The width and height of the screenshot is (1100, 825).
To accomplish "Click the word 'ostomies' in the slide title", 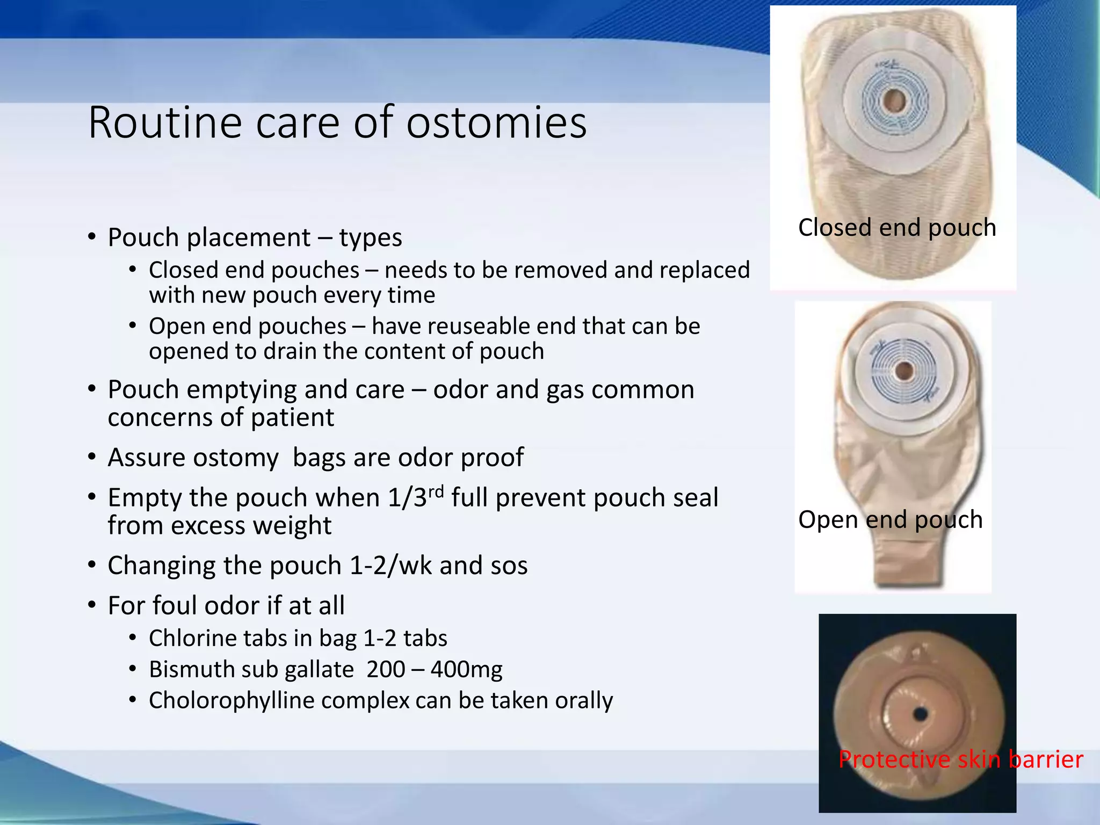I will pyautogui.click(x=496, y=122).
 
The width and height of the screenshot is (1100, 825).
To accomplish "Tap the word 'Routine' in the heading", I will pyautogui.click(x=165, y=122).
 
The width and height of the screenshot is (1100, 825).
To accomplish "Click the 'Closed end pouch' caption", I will pyautogui.click(x=897, y=227).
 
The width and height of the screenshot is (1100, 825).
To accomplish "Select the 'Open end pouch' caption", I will pyautogui.click(x=891, y=519).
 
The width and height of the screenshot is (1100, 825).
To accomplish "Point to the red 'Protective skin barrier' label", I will pyautogui.click(x=960, y=759).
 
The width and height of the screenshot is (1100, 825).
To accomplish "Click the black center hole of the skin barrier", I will pyautogui.click(x=920, y=714).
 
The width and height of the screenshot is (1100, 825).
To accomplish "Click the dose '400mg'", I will pyautogui.click(x=466, y=669).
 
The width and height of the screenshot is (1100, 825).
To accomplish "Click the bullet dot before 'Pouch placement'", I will pyautogui.click(x=92, y=237).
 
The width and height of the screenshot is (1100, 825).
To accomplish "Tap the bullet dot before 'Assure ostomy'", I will pyautogui.click(x=92, y=457).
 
